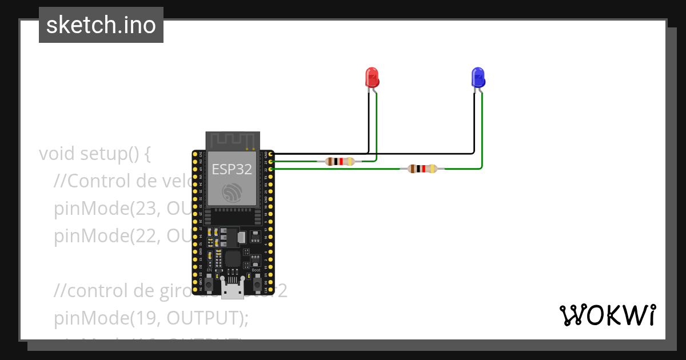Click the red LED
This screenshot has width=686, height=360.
coord(372,77)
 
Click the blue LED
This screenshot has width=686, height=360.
coord(477,77)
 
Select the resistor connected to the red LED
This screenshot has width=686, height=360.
coord(340,161)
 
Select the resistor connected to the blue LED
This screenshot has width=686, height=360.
coord(422,169)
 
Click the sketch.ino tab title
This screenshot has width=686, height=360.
coord(101,25)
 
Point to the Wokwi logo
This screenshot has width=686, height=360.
coord(607,315)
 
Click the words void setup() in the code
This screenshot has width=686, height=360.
coord(94,154)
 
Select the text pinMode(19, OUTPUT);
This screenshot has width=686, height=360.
coord(151,318)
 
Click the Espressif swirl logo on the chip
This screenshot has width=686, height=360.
coord(233,191)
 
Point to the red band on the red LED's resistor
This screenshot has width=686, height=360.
coord(341,161)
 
